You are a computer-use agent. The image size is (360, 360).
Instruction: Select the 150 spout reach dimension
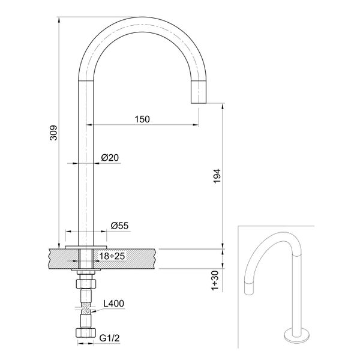142,119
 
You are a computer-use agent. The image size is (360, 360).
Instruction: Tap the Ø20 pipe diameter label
110,157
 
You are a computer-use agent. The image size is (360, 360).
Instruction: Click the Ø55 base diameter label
120,226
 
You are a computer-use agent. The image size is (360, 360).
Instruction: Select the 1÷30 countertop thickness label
217,280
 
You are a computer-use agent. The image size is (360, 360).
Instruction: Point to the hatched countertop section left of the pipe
62,258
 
